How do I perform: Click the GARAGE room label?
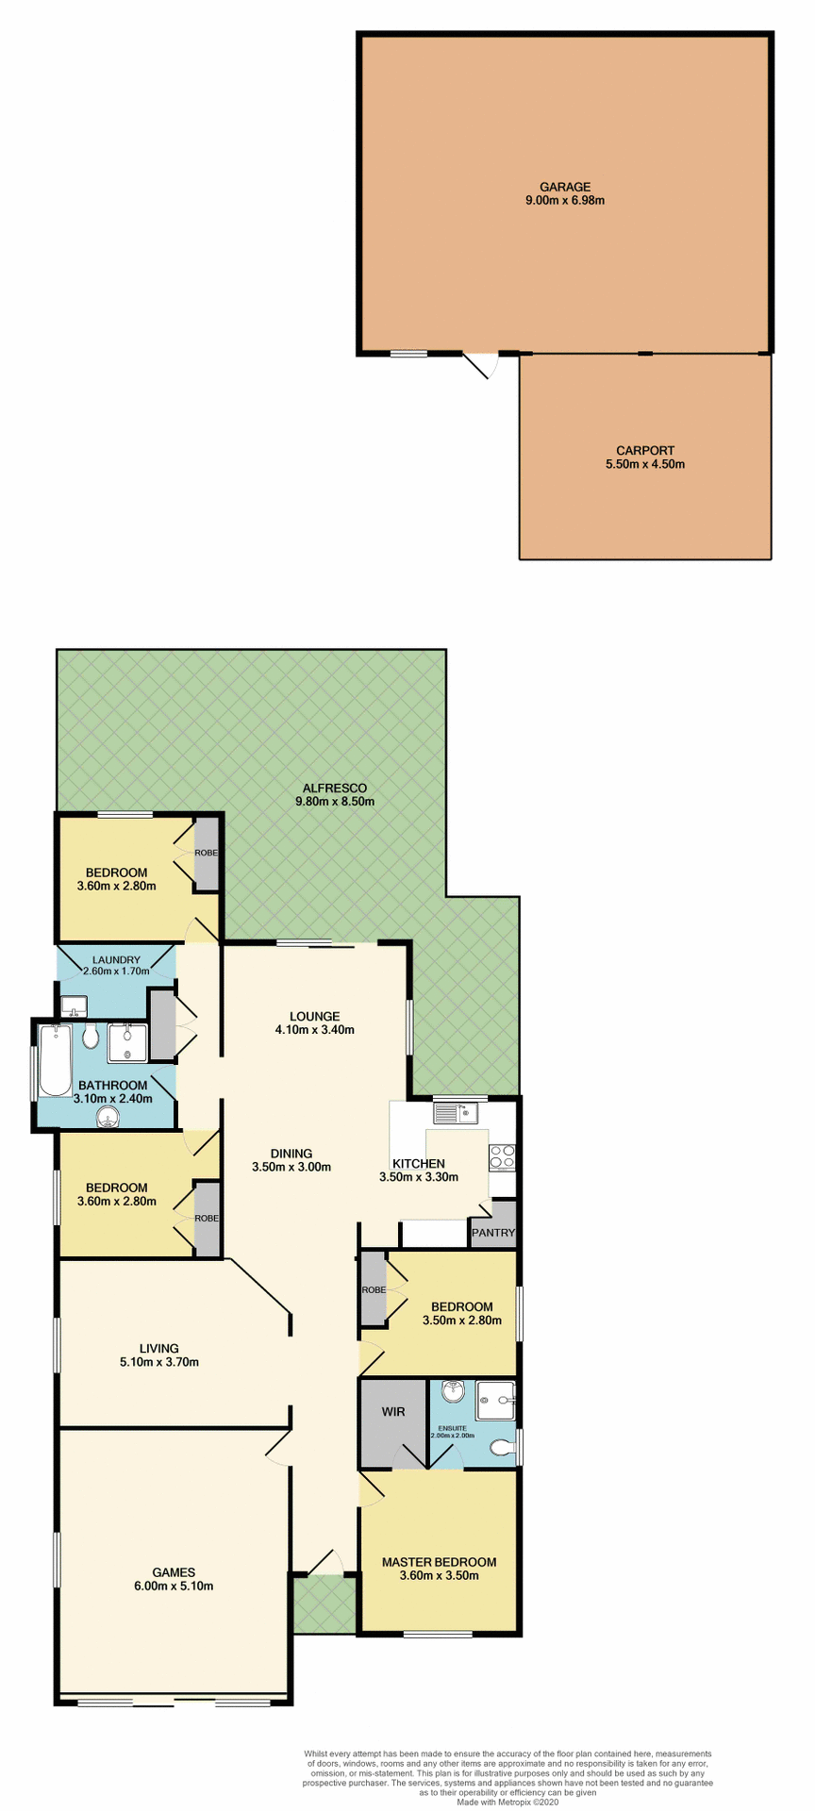pos(564,187)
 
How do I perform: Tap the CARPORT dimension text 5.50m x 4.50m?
pos(645,464)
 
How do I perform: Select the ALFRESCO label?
pos(334,788)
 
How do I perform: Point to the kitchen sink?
pos(456,1113)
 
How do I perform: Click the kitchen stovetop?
pos(502,1156)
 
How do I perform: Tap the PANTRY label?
pos(493,1232)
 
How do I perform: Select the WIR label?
pos(393,1411)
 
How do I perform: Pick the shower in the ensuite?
pos(495,1400)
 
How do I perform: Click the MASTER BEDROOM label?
pos(439,1562)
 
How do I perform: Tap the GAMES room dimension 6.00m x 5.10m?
pos(175,1586)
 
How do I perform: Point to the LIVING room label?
pos(158,1348)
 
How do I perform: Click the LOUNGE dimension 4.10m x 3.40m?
pos(315,1030)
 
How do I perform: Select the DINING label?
pos(291,1153)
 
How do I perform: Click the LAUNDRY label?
pos(117,959)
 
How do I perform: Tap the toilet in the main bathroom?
pos(91,1038)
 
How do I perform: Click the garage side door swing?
pos(481,364)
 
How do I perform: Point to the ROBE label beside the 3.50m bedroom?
pos(374,1289)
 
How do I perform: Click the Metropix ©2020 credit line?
pos(508,1802)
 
